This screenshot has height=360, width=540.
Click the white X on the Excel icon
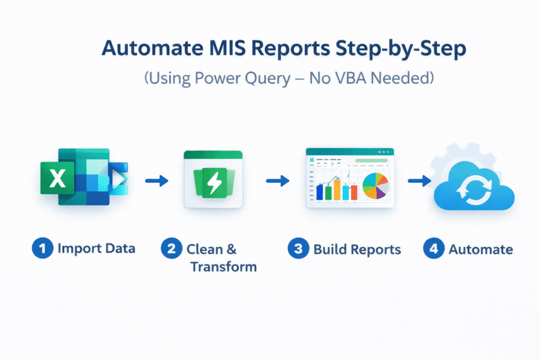(x=57, y=180)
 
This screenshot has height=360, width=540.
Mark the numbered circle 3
(x=298, y=249)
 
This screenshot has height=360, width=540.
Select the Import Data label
(x=97, y=249)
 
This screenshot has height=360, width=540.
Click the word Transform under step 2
(x=223, y=267)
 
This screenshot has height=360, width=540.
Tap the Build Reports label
(x=357, y=249)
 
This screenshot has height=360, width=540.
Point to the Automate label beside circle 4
(x=480, y=249)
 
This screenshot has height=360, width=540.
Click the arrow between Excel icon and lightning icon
(x=156, y=181)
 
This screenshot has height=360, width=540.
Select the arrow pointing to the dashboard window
(x=277, y=181)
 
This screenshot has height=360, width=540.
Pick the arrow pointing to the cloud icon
(x=419, y=181)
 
